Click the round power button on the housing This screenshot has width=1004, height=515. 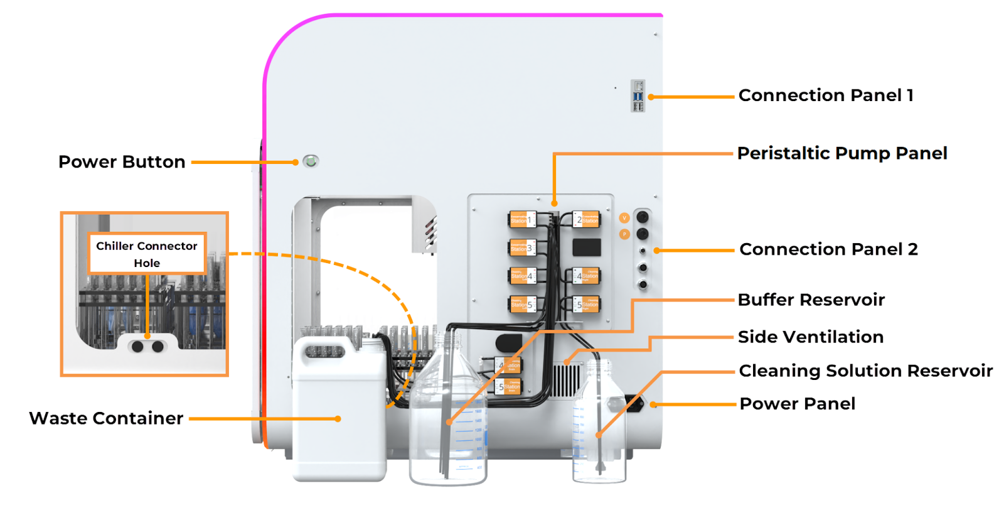[x=310, y=161]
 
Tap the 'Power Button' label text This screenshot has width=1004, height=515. [x=122, y=162]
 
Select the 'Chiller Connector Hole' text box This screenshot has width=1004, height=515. [x=147, y=254]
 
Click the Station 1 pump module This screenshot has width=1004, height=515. [x=522, y=220]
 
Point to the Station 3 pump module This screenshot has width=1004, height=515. [x=522, y=247]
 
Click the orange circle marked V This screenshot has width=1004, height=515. [x=624, y=218]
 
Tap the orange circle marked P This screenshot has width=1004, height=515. [x=624, y=234]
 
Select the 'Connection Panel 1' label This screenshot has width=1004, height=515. [x=826, y=95]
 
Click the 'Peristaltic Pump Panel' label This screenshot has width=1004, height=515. [x=842, y=153]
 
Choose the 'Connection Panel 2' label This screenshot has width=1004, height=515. [x=828, y=249]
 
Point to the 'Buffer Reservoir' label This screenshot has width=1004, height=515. [x=811, y=300]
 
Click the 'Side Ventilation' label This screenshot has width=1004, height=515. [x=810, y=337]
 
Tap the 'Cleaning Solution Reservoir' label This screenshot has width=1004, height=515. [x=866, y=371]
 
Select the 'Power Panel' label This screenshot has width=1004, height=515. [x=798, y=404]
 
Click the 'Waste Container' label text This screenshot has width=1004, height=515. [x=107, y=418]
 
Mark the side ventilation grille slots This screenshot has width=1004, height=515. [x=565, y=381]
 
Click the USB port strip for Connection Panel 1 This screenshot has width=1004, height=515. [x=638, y=96]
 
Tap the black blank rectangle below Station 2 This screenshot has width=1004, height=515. [x=587, y=247]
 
